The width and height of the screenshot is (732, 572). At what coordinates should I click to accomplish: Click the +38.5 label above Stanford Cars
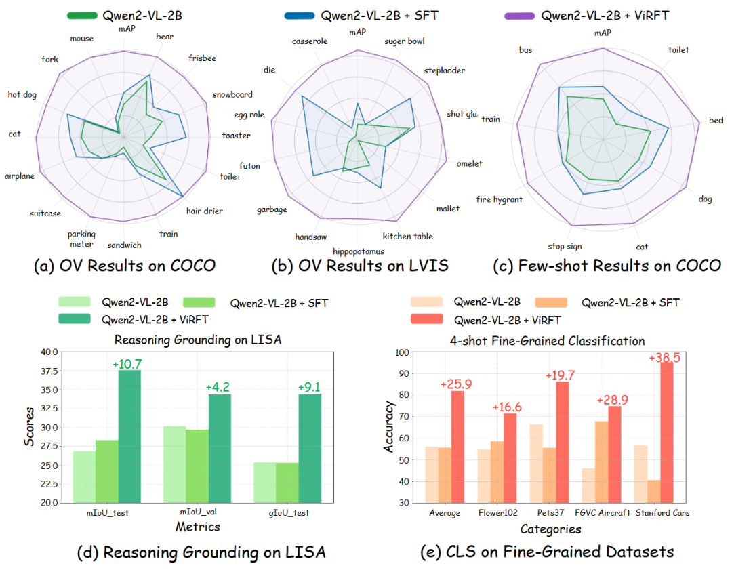(x=665, y=356)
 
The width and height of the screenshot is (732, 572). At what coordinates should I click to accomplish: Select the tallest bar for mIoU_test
(x=129, y=436)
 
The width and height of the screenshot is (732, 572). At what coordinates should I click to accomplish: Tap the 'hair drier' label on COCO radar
(x=205, y=211)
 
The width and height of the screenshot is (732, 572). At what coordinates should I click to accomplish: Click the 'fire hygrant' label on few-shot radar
(x=499, y=199)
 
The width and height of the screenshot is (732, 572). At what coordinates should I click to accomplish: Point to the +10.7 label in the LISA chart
(x=128, y=364)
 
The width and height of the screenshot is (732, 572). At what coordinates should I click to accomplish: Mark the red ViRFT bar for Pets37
(x=562, y=442)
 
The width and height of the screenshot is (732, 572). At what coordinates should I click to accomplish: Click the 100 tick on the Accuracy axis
(x=403, y=352)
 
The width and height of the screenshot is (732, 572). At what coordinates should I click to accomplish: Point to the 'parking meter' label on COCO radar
(x=81, y=239)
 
